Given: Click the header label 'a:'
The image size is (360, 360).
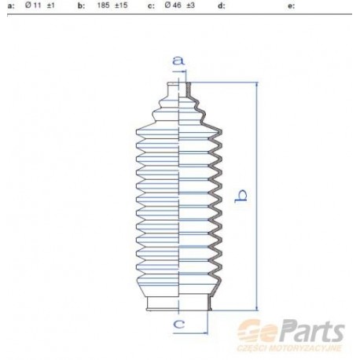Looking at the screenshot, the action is click(x=11, y=6).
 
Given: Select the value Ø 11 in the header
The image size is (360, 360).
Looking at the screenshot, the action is click(x=33, y=6).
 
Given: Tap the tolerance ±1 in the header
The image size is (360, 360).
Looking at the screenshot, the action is click(x=51, y=6).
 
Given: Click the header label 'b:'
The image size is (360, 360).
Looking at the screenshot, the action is click(x=81, y=6).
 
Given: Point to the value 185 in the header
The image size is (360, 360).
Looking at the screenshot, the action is click(x=103, y=6).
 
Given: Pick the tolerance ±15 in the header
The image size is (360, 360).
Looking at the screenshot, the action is click(x=121, y=6).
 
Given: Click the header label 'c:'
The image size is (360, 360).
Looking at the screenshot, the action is click(x=151, y=6).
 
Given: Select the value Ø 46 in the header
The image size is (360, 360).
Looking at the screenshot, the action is click(x=173, y=6).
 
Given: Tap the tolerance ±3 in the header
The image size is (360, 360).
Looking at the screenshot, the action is click(x=191, y=6).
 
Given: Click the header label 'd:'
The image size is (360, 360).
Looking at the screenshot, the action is click(x=222, y=6).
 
